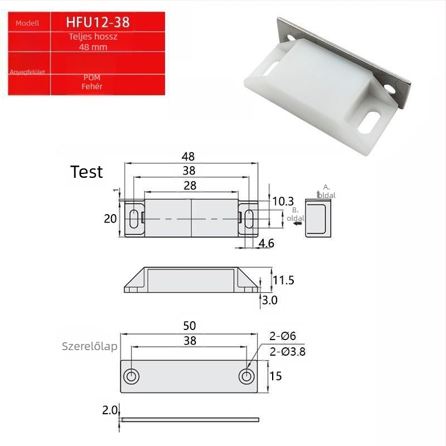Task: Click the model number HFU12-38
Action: [x=98, y=22]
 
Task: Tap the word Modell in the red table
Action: [x=27, y=23]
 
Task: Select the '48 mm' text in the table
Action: [x=93, y=47]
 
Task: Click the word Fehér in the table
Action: [x=91, y=86]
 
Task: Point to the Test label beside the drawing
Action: [x=86, y=172]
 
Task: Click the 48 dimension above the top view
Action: [x=188, y=156]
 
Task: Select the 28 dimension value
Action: [x=190, y=186]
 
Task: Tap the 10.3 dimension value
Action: [x=283, y=201]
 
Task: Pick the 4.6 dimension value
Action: [x=266, y=244]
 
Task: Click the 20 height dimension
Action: [x=110, y=219]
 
